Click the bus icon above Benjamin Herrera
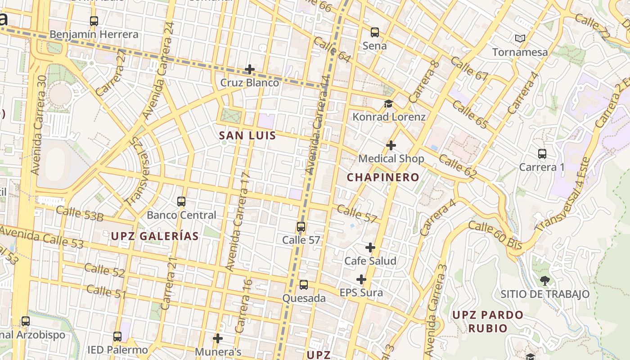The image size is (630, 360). (94, 21)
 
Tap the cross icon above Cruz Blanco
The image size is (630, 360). (249, 69)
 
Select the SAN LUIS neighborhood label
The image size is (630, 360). (247, 135)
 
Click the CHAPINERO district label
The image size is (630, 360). (383, 177)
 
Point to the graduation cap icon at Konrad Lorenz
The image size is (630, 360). (388, 104)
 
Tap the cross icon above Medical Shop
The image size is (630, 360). (391, 145)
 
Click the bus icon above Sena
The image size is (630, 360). (374, 32)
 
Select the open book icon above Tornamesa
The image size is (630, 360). (520, 39)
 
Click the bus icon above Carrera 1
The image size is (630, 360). (542, 154)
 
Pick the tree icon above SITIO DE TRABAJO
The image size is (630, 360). (544, 281)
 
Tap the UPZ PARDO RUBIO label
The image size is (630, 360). (488, 321)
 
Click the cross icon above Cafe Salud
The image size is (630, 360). (370, 247)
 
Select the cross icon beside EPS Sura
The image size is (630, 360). (361, 280)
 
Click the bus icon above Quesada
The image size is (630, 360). (304, 285)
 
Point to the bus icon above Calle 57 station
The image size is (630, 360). (301, 227)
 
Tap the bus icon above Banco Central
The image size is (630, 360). (181, 202)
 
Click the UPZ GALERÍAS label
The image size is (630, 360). (155, 236)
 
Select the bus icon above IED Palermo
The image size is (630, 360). (117, 337)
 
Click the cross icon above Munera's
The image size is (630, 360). (218, 338)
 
